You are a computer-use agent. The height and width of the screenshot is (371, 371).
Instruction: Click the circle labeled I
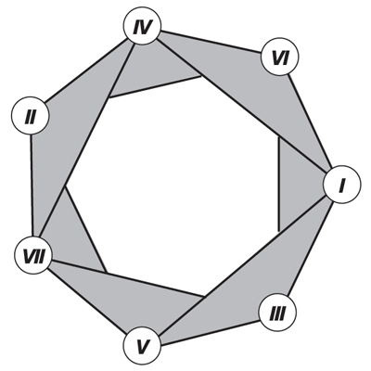(340, 185)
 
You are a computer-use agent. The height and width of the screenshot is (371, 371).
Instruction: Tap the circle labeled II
(31, 117)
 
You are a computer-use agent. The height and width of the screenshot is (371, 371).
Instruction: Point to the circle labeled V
(142, 347)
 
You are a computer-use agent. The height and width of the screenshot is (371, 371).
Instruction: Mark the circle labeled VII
(34, 252)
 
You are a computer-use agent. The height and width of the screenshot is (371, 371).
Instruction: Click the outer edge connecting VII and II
(32, 185)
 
